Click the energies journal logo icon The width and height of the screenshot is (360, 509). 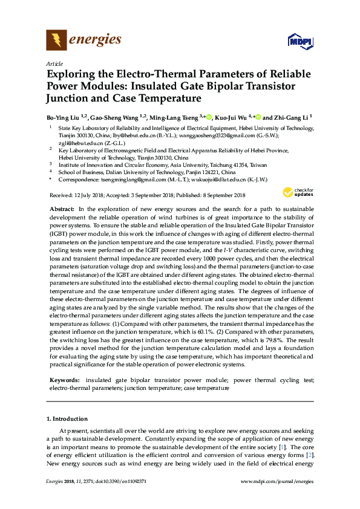56,41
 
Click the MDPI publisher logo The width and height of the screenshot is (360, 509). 300,41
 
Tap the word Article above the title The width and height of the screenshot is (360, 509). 54,63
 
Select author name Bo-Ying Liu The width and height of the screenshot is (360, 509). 64,117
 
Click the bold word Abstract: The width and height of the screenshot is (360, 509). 62,208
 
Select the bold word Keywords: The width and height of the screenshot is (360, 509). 65,380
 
